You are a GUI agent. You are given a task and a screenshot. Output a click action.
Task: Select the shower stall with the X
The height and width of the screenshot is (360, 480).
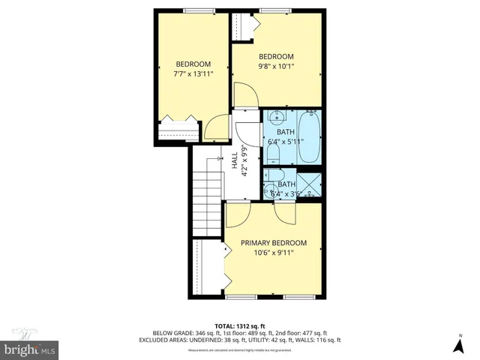pos(310,184)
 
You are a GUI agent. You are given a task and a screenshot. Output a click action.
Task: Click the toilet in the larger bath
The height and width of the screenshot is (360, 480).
pos(274,154)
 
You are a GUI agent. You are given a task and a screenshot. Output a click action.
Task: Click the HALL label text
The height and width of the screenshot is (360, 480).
pos(235,160)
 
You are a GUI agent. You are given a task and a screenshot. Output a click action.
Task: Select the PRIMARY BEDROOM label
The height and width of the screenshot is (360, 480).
pos(273,243)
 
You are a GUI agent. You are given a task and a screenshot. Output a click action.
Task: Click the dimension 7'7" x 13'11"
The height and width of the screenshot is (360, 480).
pos(193,73)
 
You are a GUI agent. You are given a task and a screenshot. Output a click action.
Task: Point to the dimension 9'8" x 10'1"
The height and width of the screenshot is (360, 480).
pos(276,67)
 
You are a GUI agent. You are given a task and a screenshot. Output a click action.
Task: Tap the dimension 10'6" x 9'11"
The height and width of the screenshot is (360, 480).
pos(273,253)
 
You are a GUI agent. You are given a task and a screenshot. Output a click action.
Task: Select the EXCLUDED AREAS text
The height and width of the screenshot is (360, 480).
pos(164,340)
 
